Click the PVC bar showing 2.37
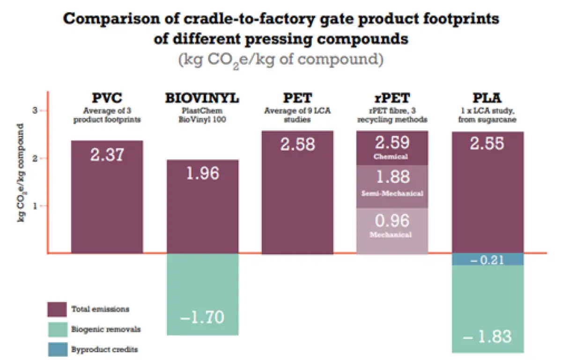[107, 197]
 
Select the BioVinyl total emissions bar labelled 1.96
[202, 206]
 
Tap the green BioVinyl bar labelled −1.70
[202, 294]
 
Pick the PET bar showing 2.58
[297, 192]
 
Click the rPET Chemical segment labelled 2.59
[392, 148]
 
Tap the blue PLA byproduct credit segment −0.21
[488, 259]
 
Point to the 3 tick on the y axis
[34, 111]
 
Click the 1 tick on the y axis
[34, 206]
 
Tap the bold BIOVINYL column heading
[202, 98]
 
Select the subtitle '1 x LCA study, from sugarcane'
[488, 115]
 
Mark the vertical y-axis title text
[22, 173]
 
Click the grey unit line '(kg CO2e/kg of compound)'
[281, 60]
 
